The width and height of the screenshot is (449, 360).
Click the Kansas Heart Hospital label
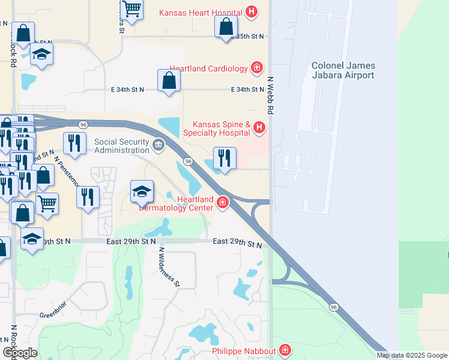(200, 13)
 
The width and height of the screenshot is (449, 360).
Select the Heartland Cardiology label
(208, 68)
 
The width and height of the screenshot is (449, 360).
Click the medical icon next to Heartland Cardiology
(257, 68)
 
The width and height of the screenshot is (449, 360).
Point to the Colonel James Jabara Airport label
(343, 70)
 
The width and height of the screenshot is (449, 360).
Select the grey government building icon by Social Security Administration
(158, 144)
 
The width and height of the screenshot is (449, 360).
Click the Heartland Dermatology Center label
(176, 203)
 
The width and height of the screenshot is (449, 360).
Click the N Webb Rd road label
(271, 95)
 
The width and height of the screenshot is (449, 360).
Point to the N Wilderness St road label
(169, 266)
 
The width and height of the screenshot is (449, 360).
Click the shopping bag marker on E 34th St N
(169, 80)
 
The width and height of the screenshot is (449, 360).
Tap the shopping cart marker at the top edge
(131, 8)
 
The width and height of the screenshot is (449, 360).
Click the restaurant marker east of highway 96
(224, 158)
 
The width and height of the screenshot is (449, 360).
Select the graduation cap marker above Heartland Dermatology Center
(142, 192)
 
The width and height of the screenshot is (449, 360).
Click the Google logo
(19, 353)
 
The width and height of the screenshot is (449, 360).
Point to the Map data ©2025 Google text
(412, 355)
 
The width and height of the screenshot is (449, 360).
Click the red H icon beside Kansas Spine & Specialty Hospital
(259, 127)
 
